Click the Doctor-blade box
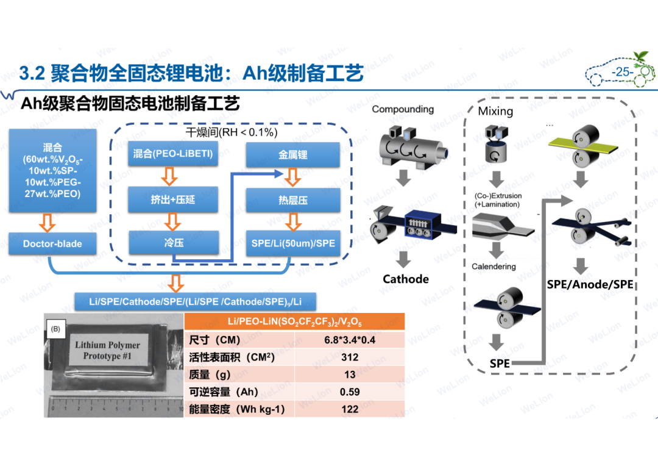pos(52,244)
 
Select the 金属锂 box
pos(293,155)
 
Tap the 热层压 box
pos(293,200)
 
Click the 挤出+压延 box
pos(173,199)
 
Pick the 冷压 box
pos(174,243)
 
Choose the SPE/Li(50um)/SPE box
pos(293,243)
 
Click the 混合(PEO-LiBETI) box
pos(173,154)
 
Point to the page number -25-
pos(622,72)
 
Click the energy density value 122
pos(350,409)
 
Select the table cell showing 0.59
pos(350,392)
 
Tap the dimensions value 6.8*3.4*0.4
pos(350,340)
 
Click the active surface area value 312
pos(350,357)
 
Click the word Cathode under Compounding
pos(406,279)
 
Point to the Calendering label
pos(493,267)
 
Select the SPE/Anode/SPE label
pos(590,284)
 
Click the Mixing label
pos(495,111)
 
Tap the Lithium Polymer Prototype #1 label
pos(107,351)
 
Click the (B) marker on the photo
pos(55,329)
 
